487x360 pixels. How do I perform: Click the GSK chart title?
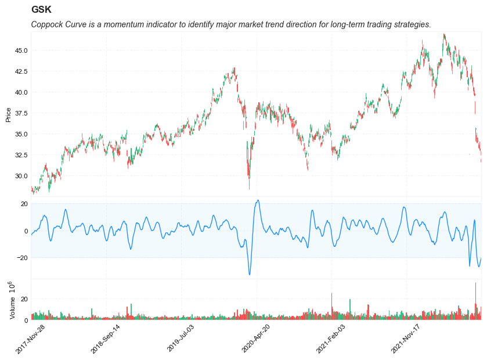(41, 10)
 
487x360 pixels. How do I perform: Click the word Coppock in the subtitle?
(48, 24)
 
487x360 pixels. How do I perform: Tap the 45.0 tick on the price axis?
(21, 51)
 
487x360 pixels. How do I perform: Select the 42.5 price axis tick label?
(21, 71)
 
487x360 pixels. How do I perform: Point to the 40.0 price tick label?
(21, 92)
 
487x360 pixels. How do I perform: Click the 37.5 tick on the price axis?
(21, 113)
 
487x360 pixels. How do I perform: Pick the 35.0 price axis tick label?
(21, 134)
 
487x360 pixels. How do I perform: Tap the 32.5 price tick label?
(21, 155)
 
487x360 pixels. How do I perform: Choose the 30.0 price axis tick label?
(21, 176)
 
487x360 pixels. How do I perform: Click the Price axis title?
(8, 114)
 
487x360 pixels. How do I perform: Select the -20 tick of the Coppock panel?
(23, 258)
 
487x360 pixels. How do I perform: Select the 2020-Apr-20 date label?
(257, 339)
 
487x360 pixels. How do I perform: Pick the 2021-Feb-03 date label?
(331, 339)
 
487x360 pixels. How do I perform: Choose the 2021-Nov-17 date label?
(406, 339)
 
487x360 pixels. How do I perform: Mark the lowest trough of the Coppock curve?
(250, 274)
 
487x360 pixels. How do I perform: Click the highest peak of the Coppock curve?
(258, 200)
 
